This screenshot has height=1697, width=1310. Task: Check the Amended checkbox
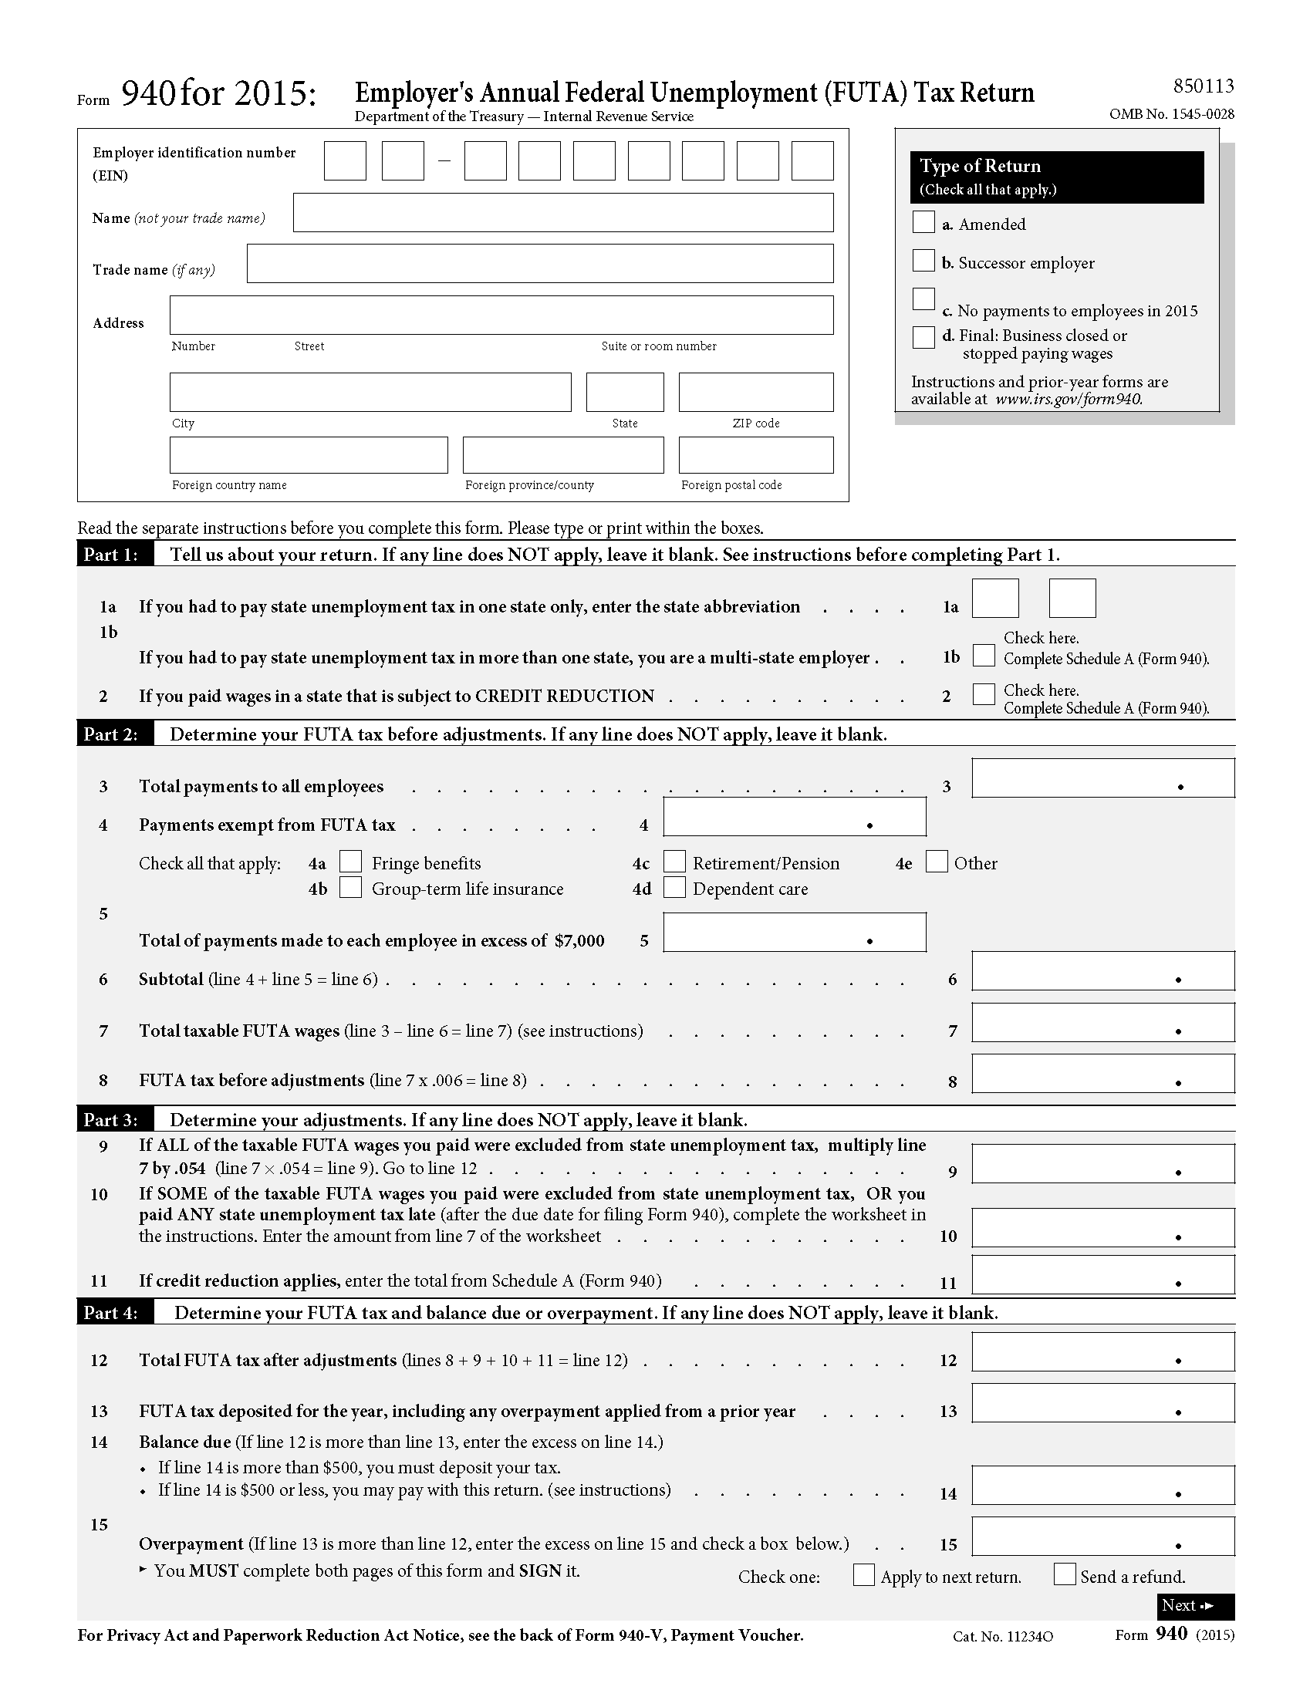point(923,222)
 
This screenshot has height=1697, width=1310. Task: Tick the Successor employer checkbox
point(923,261)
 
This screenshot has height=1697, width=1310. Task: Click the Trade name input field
point(540,264)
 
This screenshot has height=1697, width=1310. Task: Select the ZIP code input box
point(755,393)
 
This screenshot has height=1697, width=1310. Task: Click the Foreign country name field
point(309,455)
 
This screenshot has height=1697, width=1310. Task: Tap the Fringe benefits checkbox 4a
point(350,862)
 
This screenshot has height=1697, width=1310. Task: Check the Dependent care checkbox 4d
point(674,887)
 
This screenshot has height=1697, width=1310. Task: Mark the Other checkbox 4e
point(937,862)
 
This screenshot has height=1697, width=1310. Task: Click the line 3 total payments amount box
point(1102,778)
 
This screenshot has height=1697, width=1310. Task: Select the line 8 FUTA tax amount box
point(1102,1074)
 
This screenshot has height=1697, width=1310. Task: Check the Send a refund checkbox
point(1065,1574)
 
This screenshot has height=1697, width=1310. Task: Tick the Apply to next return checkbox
point(863,1575)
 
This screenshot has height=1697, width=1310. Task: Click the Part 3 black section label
point(111,1120)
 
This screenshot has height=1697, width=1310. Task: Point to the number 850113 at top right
point(1203,86)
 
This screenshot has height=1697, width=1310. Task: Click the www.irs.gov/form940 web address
point(1069,400)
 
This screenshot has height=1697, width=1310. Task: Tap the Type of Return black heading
point(1056,177)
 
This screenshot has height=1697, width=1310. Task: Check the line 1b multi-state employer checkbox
point(984,656)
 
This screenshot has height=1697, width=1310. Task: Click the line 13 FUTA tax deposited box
point(1102,1403)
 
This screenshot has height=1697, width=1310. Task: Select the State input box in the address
point(625,393)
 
